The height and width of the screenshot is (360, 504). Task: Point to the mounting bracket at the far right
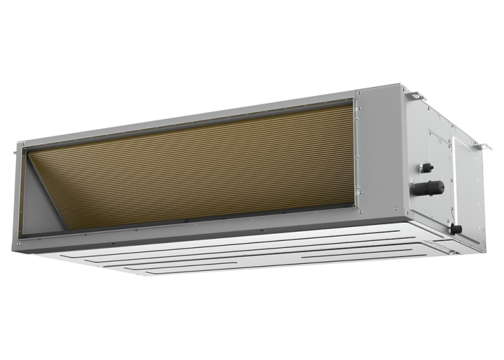click(479, 143)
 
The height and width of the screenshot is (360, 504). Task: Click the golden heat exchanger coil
click(202, 168)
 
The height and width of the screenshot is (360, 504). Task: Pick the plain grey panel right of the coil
click(379, 154)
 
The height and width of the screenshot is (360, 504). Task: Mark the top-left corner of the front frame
click(20, 144)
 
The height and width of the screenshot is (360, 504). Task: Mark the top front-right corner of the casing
click(401, 87)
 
